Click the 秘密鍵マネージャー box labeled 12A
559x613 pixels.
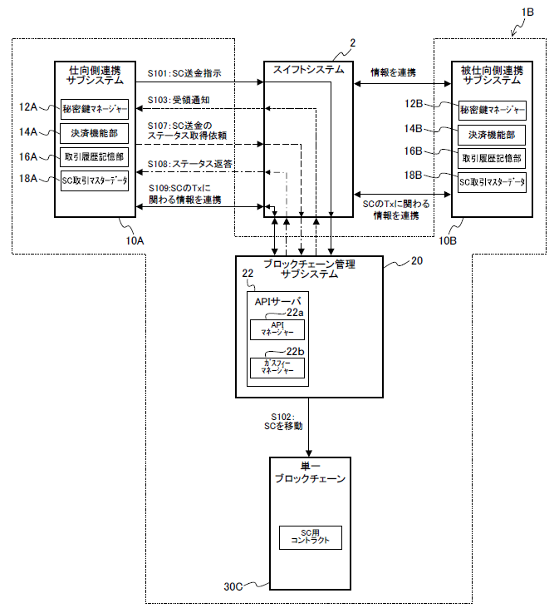(x=95, y=107)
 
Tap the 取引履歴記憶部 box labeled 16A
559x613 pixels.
(x=95, y=156)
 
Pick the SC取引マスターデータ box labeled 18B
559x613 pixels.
(x=493, y=182)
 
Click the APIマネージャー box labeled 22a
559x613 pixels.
(x=277, y=329)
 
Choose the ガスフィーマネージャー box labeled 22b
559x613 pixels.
(x=277, y=368)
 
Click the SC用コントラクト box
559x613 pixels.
(x=310, y=536)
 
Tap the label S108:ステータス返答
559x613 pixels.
(x=189, y=164)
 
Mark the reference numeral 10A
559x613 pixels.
(x=134, y=240)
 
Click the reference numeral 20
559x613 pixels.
(x=415, y=261)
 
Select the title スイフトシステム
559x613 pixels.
(x=309, y=71)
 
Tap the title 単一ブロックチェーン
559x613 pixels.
(x=310, y=474)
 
